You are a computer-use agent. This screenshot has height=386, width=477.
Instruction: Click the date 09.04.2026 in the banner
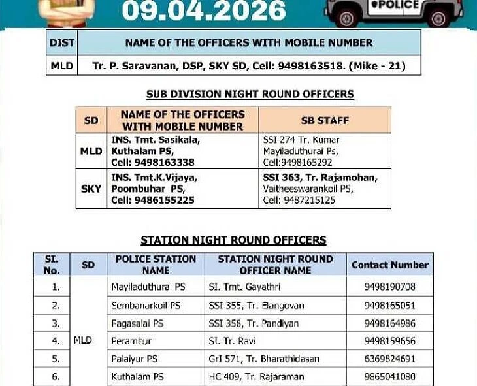click(x=204, y=11)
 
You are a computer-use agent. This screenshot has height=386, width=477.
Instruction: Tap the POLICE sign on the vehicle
click(x=401, y=5)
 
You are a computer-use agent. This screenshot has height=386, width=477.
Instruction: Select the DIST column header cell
click(x=62, y=43)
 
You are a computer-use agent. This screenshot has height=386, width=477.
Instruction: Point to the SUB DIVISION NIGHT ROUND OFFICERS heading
click(x=250, y=94)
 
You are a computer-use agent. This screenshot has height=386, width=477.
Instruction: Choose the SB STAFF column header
click(x=325, y=121)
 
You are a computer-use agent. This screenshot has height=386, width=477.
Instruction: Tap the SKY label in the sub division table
click(x=91, y=189)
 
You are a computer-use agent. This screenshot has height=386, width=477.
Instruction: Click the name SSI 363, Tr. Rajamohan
click(x=320, y=177)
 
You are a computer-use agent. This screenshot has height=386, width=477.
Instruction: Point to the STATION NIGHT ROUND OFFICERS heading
click(x=233, y=240)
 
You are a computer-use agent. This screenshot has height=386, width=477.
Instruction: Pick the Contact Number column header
click(x=389, y=265)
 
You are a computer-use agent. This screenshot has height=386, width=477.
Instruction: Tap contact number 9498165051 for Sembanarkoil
click(x=389, y=305)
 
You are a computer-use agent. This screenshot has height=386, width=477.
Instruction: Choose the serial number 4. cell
click(x=56, y=341)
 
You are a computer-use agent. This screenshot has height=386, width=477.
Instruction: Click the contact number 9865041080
click(x=389, y=377)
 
